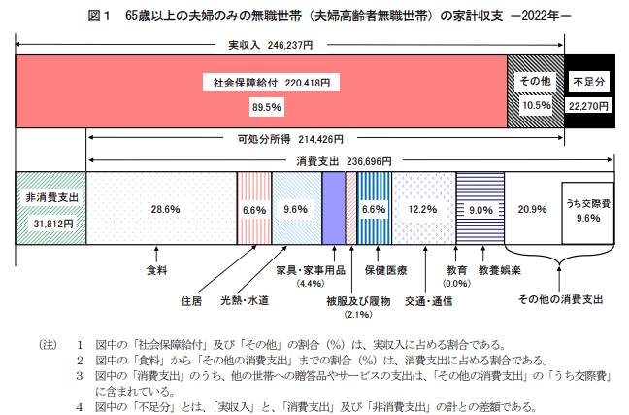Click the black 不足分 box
(589, 84)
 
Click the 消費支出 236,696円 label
(350, 160)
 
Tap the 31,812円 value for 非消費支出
(50, 220)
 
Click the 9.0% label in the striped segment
(480, 209)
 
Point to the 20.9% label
(532, 209)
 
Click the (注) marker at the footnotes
(48, 344)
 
